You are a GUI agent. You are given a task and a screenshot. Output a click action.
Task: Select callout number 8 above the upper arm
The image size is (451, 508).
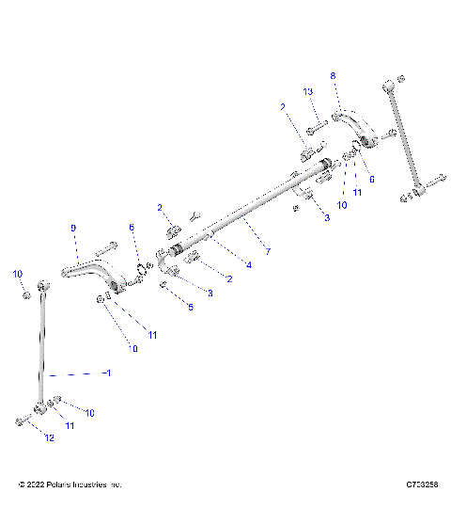click(x=332, y=74)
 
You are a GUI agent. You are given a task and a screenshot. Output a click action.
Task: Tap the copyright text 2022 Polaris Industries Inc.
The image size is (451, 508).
click(x=70, y=484)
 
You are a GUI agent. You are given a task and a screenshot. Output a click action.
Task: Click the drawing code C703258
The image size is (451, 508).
click(x=419, y=484)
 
